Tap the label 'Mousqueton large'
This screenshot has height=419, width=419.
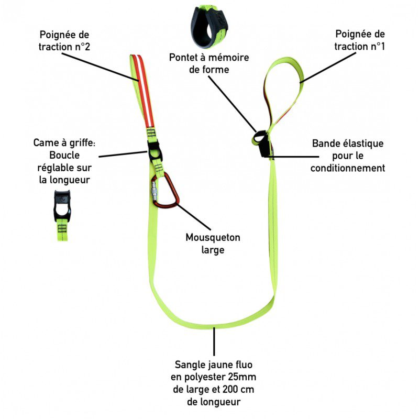213,244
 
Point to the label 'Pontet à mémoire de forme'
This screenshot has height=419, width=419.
209,63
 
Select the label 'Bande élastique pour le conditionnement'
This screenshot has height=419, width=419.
348,156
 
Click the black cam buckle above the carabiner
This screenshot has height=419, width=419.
156,152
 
